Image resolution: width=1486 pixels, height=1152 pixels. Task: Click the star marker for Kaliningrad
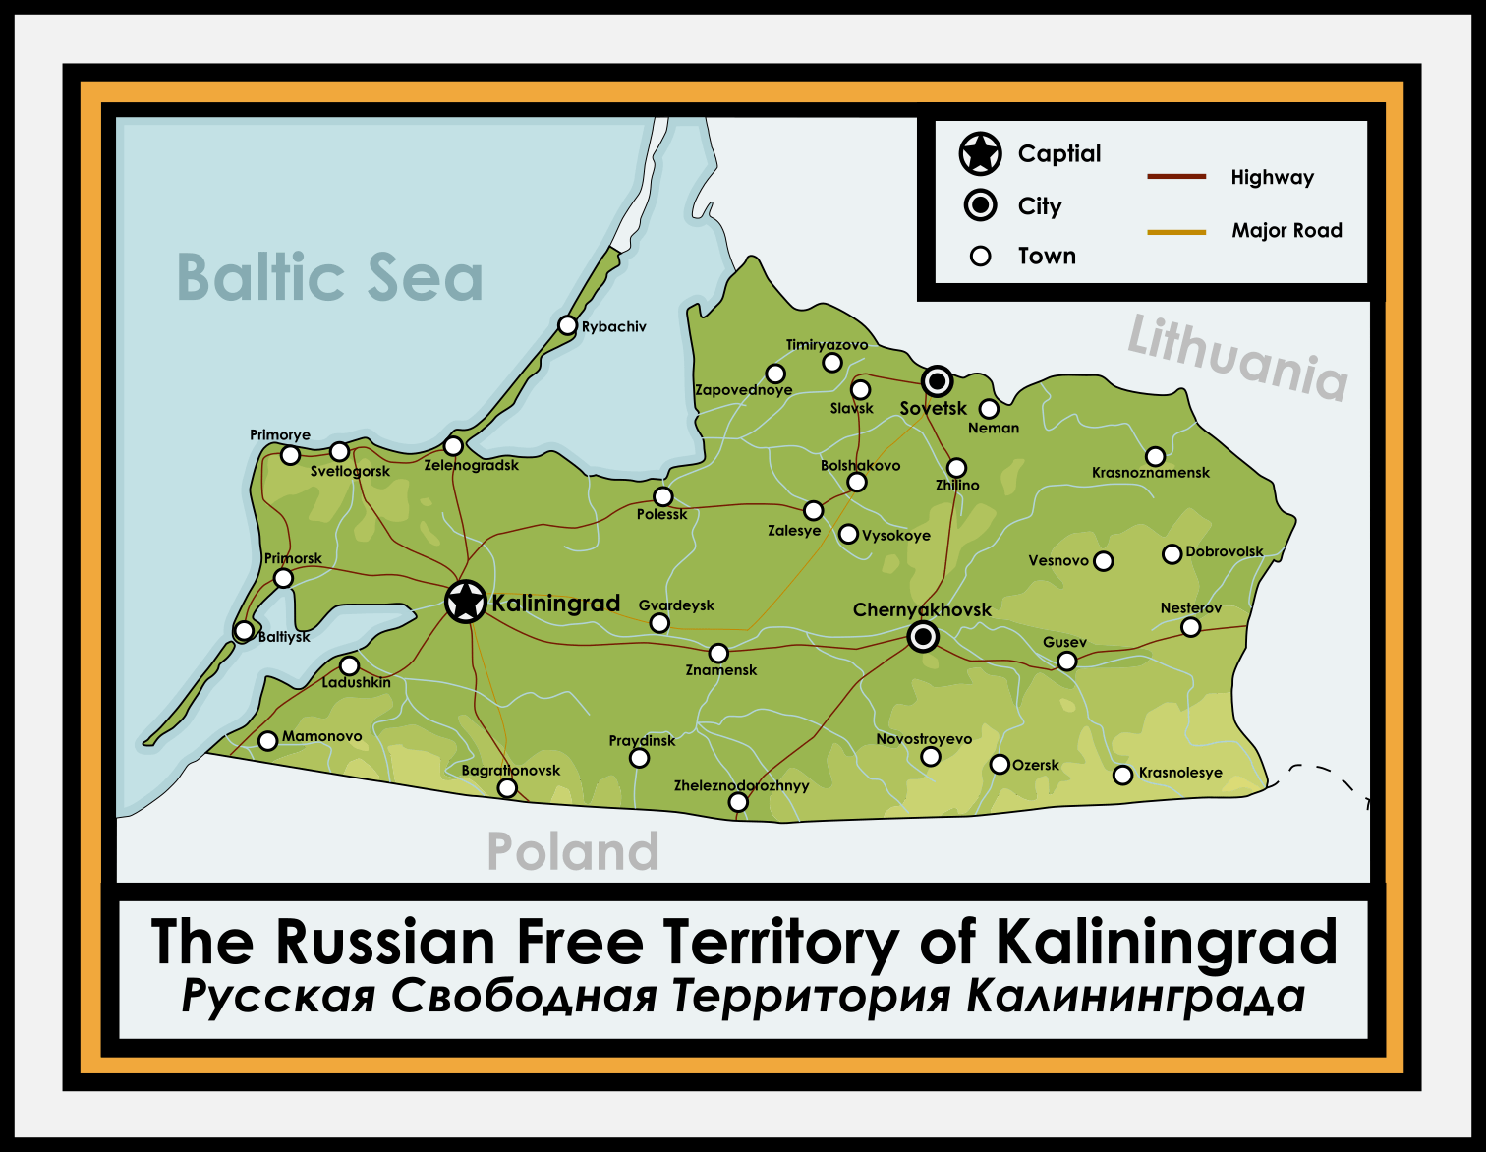pos(466,601)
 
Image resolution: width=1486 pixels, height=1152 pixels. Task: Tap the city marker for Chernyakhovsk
pos(923,637)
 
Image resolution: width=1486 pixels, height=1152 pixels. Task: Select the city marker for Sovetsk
pos(938,380)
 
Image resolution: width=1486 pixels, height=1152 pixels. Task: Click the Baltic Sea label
pos(330,278)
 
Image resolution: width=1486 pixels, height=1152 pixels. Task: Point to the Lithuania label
pos(1237,358)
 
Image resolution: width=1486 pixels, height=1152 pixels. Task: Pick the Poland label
pos(573,851)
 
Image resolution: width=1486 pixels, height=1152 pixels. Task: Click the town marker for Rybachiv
pos(567,325)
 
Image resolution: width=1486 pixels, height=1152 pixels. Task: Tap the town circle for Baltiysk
pos(244,630)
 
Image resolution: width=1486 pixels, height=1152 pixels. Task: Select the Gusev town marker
pos(1066,661)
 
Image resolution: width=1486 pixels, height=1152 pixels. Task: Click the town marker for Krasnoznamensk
pos(1156,456)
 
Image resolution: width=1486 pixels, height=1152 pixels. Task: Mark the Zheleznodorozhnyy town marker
pos(738,802)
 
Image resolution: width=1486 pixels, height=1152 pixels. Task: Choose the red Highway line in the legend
pos(1176,177)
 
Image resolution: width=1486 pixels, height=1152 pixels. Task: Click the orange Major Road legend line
pos(1176,232)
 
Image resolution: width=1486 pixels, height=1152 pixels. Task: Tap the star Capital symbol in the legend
pos(980,153)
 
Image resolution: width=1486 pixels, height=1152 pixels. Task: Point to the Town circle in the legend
pos(980,257)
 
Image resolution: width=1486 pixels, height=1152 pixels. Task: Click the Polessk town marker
pos(663,496)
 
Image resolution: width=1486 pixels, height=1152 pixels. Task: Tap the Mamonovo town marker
pos(267,740)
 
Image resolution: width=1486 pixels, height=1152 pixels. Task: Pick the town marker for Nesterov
pos(1190,627)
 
